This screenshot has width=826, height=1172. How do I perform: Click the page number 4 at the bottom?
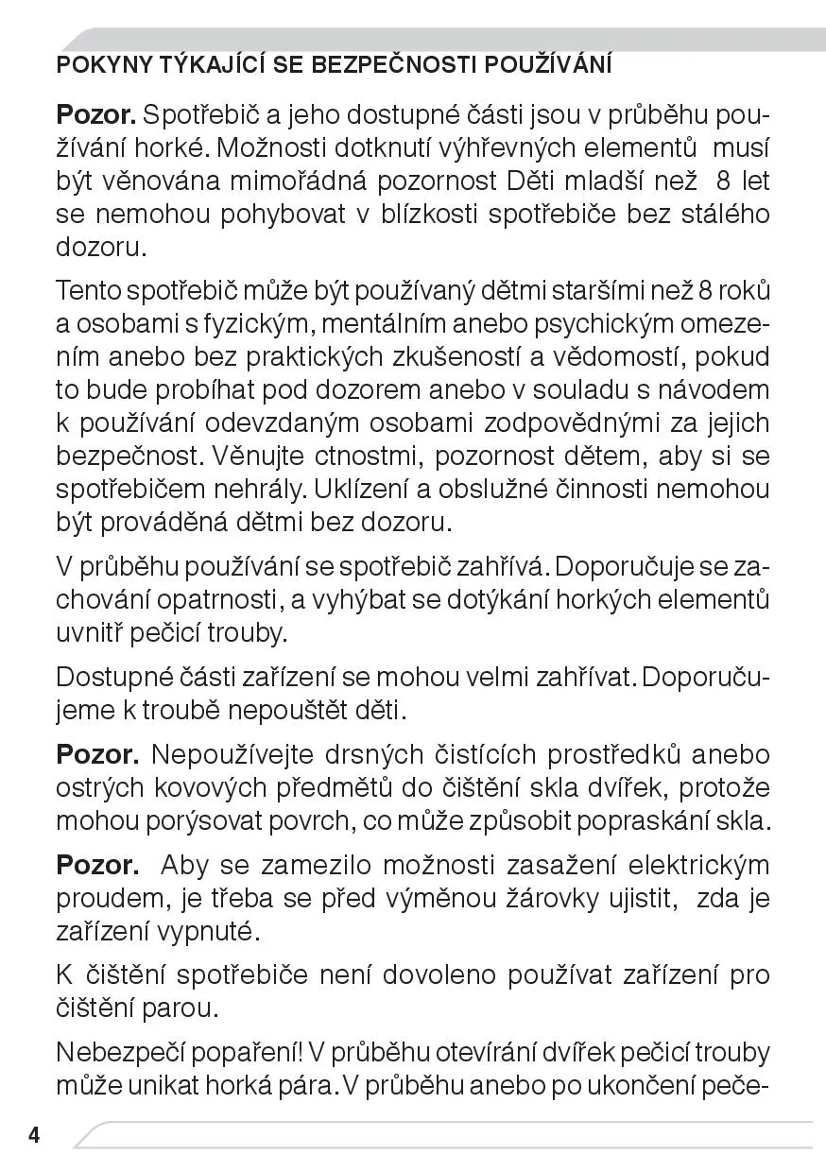click(x=34, y=1135)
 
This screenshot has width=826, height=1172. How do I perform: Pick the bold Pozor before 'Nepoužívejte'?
click(x=96, y=754)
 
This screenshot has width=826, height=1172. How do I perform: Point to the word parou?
click(x=181, y=1008)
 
